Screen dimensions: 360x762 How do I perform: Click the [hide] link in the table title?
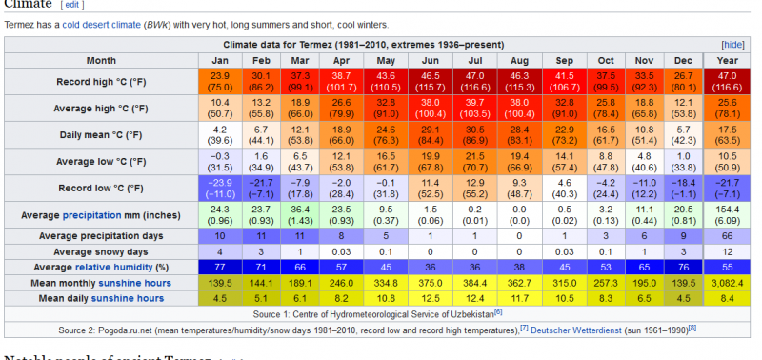(732, 45)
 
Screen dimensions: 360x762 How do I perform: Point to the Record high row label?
(100, 82)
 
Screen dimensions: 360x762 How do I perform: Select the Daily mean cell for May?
(386, 135)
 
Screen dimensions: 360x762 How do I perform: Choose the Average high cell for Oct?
(606, 109)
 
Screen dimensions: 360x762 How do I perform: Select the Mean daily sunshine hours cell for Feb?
(261, 299)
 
